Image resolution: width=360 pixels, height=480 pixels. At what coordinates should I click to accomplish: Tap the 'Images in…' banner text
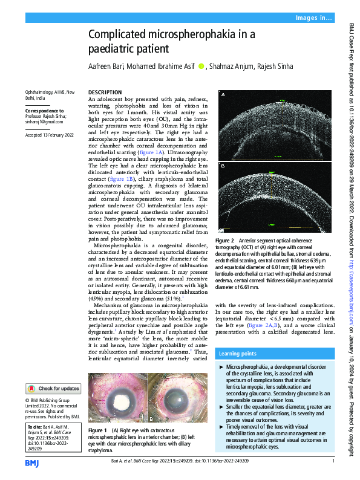coord(314,19)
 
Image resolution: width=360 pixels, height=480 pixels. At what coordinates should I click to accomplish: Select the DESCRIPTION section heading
coord(105,92)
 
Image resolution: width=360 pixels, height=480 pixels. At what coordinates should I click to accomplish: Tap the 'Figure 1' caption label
coord(97,430)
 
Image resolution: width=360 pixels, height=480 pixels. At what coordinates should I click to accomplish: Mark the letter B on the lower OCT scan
coord(223,166)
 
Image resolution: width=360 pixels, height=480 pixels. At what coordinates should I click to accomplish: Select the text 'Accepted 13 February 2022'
coord(50,135)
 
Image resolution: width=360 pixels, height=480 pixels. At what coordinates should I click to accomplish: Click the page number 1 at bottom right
coord(333,462)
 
